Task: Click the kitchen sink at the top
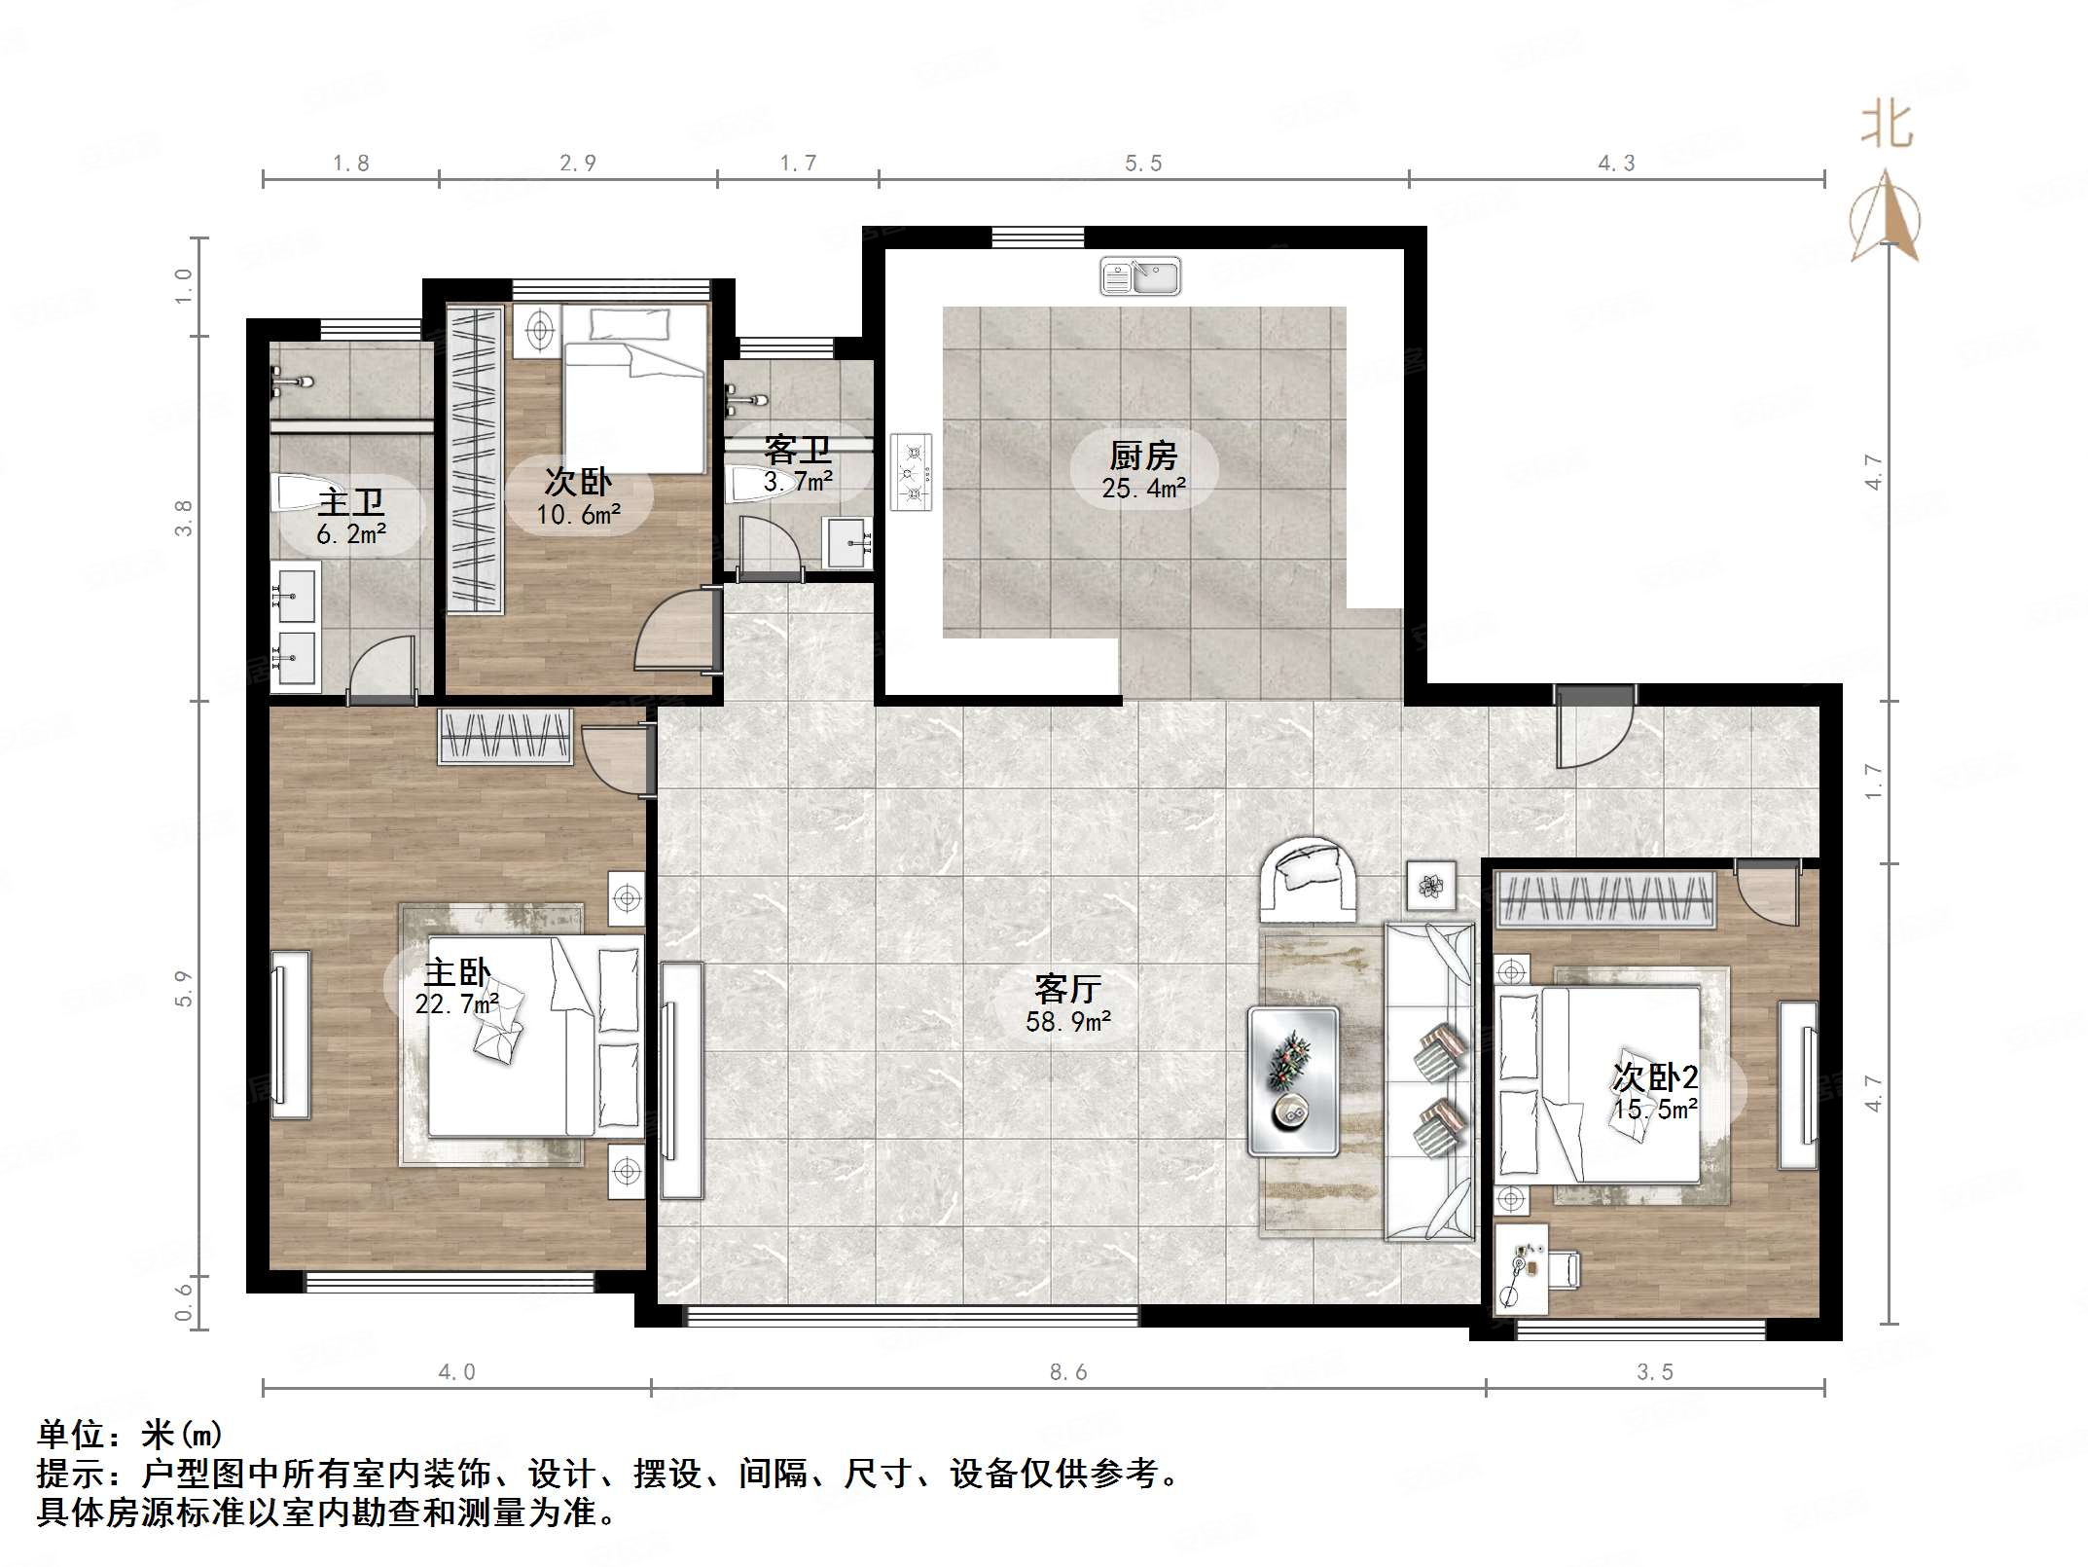[1139, 276]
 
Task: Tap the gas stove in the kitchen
[911, 472]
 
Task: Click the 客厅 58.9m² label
[1067, 1003]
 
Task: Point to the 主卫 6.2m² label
[351, 517]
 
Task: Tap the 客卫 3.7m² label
[798, 464]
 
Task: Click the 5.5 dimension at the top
[1143, 164]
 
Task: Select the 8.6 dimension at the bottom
[1067, 1372]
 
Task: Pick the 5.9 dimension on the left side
[184, 988]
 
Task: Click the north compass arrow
[1886, 219]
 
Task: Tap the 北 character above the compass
[1887, 127]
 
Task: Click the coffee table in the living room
[1294, 1081]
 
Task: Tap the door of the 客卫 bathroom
[769, 550]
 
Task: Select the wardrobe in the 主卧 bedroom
[505, 737]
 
